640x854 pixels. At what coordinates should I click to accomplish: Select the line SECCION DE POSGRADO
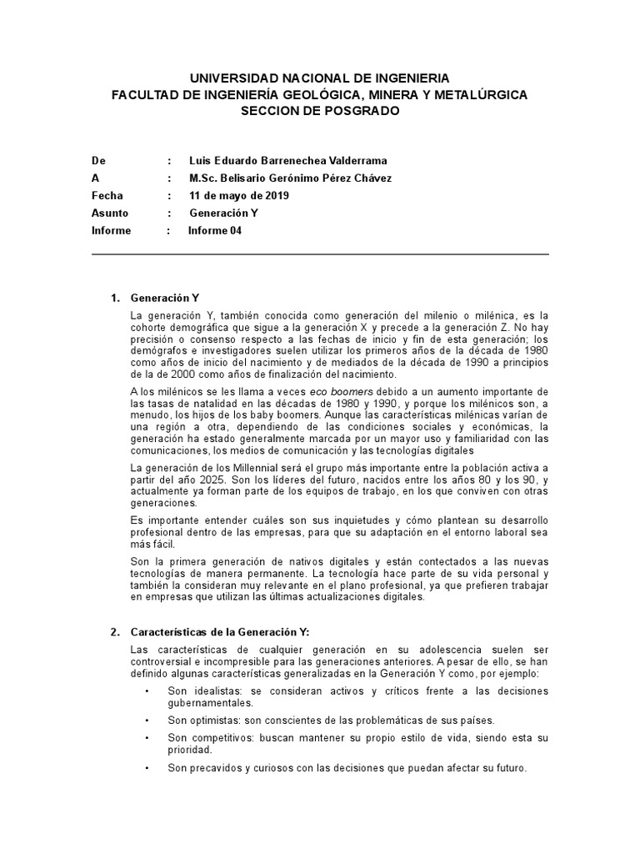point(320,111)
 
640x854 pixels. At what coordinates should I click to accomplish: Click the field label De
point(98,161)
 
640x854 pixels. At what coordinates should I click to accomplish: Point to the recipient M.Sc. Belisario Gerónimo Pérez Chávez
point(291,178)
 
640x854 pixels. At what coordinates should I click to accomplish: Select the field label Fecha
point(107,196)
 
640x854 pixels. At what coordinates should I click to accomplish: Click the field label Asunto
point(110,213)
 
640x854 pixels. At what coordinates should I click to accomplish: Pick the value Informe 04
point(214,231)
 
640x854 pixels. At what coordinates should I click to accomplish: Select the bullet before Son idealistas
point(147,692)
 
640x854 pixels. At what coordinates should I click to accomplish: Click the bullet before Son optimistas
point(147,720)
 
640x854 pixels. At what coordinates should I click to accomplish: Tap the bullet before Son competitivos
point(147,739)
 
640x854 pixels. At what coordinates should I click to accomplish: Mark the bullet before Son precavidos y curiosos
point(147,768)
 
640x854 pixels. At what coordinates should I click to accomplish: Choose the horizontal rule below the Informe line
point(320,254)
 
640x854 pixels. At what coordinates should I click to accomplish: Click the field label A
point(95,178)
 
